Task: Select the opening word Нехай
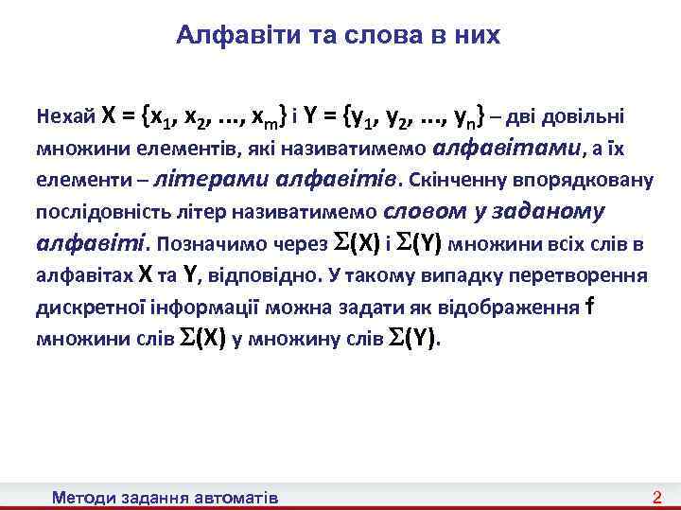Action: click(65, 117)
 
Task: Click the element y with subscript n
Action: click(463, 118)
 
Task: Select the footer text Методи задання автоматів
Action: click(166, 497)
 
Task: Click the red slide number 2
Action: click(657, 497)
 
